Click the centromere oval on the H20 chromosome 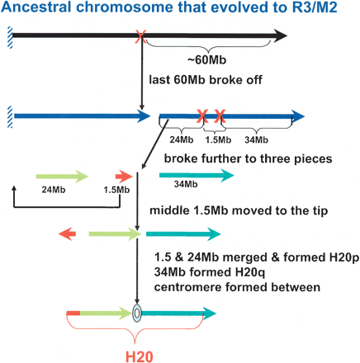point(137,313)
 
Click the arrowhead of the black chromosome point(278,35)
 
